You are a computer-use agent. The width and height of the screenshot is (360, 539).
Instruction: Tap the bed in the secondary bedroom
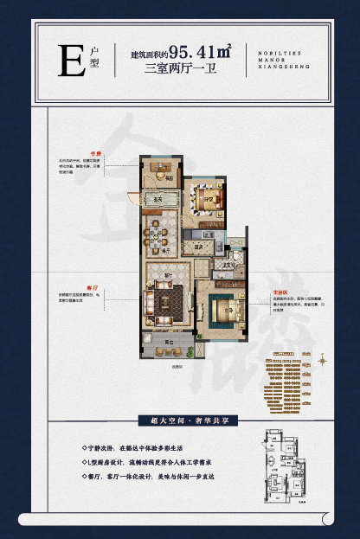tap(206, 198)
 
